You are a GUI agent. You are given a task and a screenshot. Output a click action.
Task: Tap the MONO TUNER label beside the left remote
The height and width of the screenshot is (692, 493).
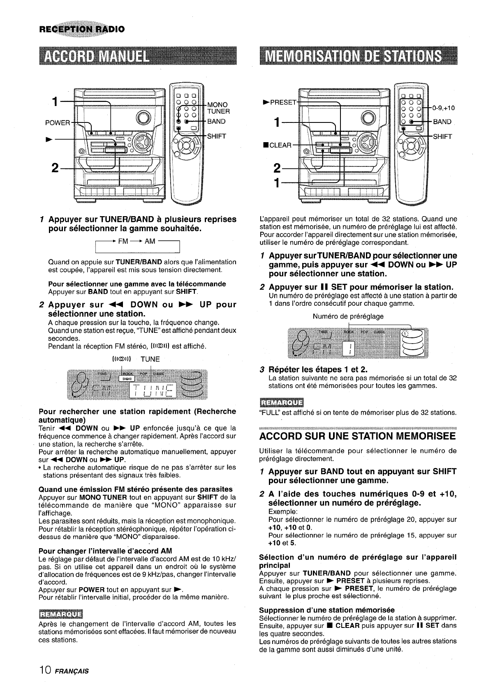(218, 108)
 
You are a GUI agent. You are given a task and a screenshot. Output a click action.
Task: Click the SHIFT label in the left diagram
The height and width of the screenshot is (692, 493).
(217, 137)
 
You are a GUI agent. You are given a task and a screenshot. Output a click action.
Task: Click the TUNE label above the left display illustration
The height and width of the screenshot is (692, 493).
(150, 359)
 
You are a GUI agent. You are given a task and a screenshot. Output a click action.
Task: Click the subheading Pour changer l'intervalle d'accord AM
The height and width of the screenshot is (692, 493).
(105, 551)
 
